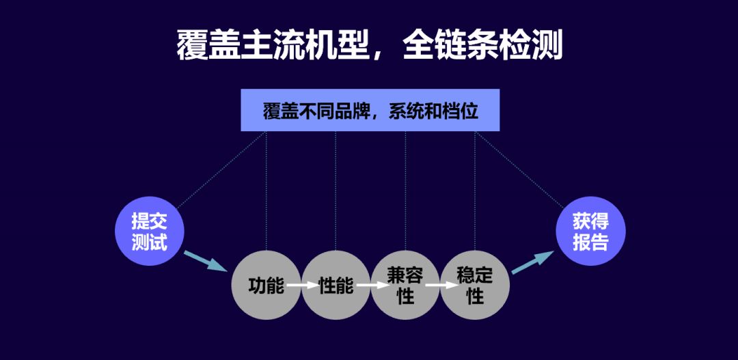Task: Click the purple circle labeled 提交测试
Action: [150, 231]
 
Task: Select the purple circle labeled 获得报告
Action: [590, 231]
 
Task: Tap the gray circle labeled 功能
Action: [266, 285]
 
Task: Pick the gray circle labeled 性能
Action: [336, 285]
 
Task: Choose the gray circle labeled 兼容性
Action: [406, 285]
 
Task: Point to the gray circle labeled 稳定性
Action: [475, 285]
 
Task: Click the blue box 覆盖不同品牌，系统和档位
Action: [370, 110]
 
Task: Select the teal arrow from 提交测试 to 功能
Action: [205, 261]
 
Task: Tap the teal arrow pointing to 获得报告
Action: [533, 262]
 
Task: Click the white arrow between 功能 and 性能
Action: [301, 285]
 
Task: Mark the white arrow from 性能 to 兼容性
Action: [371, 285]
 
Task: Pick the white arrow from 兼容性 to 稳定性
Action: [441, 285]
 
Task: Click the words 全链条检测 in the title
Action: [482, 45]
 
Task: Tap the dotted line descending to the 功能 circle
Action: [266, 191]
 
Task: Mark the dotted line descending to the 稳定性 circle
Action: [475, 191]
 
